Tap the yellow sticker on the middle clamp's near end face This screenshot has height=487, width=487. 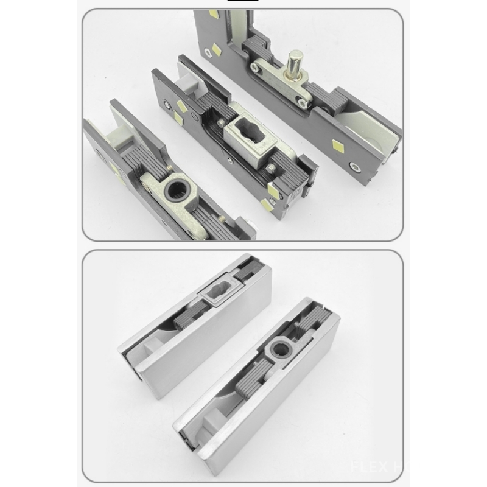270,205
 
